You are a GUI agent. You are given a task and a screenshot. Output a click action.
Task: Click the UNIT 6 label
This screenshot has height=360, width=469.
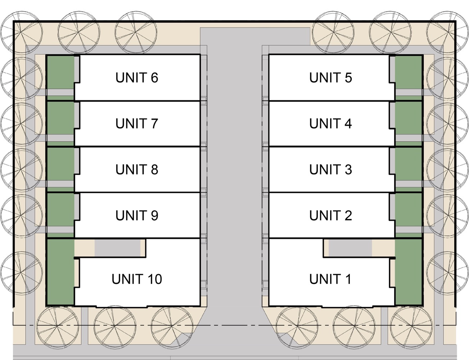point(137,78)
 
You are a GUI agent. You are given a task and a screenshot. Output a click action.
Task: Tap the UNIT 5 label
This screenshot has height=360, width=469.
point(330,78)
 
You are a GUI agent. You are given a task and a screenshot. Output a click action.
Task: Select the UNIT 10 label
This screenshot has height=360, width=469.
point(137,279)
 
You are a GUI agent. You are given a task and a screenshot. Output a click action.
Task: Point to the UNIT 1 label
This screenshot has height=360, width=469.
point(330,279)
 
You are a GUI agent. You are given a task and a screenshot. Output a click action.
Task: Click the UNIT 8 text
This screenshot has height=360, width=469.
point(137,170)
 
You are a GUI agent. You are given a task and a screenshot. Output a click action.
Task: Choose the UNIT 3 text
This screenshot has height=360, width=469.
point(330,170)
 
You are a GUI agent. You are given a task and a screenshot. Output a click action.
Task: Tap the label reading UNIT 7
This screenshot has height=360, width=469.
point(137,124)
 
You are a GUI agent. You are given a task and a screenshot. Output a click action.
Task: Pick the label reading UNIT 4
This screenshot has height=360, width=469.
point(330,124)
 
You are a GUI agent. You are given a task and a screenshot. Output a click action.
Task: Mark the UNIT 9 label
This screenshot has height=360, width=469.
point(137,216)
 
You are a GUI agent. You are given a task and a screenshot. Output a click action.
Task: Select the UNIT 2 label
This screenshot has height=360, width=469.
point(330,216)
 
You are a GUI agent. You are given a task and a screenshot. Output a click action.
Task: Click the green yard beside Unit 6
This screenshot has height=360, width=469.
point(60,72)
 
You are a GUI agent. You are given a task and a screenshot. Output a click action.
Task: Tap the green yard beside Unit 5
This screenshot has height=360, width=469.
point(409,72)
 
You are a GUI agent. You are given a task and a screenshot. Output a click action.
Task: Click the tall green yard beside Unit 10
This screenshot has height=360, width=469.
point(60,272)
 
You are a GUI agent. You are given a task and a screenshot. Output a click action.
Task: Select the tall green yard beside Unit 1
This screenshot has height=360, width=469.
point(409,272)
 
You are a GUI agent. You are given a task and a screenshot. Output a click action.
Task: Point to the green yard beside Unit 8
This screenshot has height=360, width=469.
point(60,164)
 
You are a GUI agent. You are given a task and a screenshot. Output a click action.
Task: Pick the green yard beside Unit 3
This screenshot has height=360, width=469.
point(409,164)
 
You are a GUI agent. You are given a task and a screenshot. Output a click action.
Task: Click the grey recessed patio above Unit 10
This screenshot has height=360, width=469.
point(117,248)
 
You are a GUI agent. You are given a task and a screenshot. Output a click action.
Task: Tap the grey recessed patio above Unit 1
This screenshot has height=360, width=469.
point(350,248)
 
